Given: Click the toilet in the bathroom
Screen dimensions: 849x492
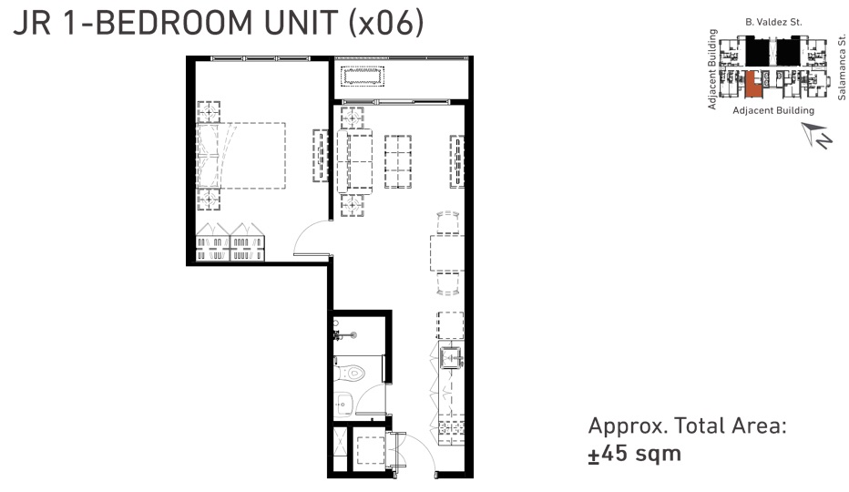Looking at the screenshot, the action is point(352,373).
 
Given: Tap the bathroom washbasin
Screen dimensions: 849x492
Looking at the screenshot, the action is point(343,404).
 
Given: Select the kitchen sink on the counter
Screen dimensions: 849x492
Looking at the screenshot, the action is point(451,358).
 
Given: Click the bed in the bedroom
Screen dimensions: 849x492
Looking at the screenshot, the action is point(241,156).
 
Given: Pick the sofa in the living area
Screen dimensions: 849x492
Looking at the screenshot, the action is point(354,161).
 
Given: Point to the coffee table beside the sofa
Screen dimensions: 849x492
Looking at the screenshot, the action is point(398,161).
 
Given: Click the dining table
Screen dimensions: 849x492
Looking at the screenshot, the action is point(447,252).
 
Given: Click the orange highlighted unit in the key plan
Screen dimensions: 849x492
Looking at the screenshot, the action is point(752,85).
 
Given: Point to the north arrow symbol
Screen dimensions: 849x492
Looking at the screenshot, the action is point(816,135).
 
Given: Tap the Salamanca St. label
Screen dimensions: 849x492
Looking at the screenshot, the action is point(841,67).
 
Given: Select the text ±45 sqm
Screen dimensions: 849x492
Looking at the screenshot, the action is point(635,454).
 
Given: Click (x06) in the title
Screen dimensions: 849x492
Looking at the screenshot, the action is point(386,23).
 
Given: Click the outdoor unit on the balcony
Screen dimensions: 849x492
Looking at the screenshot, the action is point(363,76).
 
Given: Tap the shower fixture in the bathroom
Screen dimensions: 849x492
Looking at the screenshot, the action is point(345,335).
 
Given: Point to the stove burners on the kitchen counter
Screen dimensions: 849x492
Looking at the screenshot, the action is point(451,427).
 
